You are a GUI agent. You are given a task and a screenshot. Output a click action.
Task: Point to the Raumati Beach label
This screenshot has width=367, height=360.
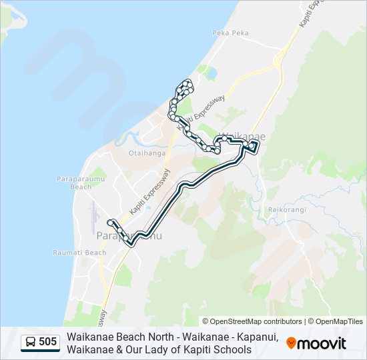point(79,253)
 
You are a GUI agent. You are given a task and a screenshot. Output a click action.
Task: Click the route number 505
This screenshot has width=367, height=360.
point(47,343)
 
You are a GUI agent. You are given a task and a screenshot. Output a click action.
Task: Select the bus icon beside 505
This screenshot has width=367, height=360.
point(31,343)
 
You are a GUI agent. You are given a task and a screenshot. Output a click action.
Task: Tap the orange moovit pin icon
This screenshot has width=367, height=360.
point(291,343)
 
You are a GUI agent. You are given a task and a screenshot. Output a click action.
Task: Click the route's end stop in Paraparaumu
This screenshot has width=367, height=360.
point(109,221)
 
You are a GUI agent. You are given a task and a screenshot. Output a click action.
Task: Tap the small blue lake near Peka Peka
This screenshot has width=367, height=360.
point(211,71)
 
